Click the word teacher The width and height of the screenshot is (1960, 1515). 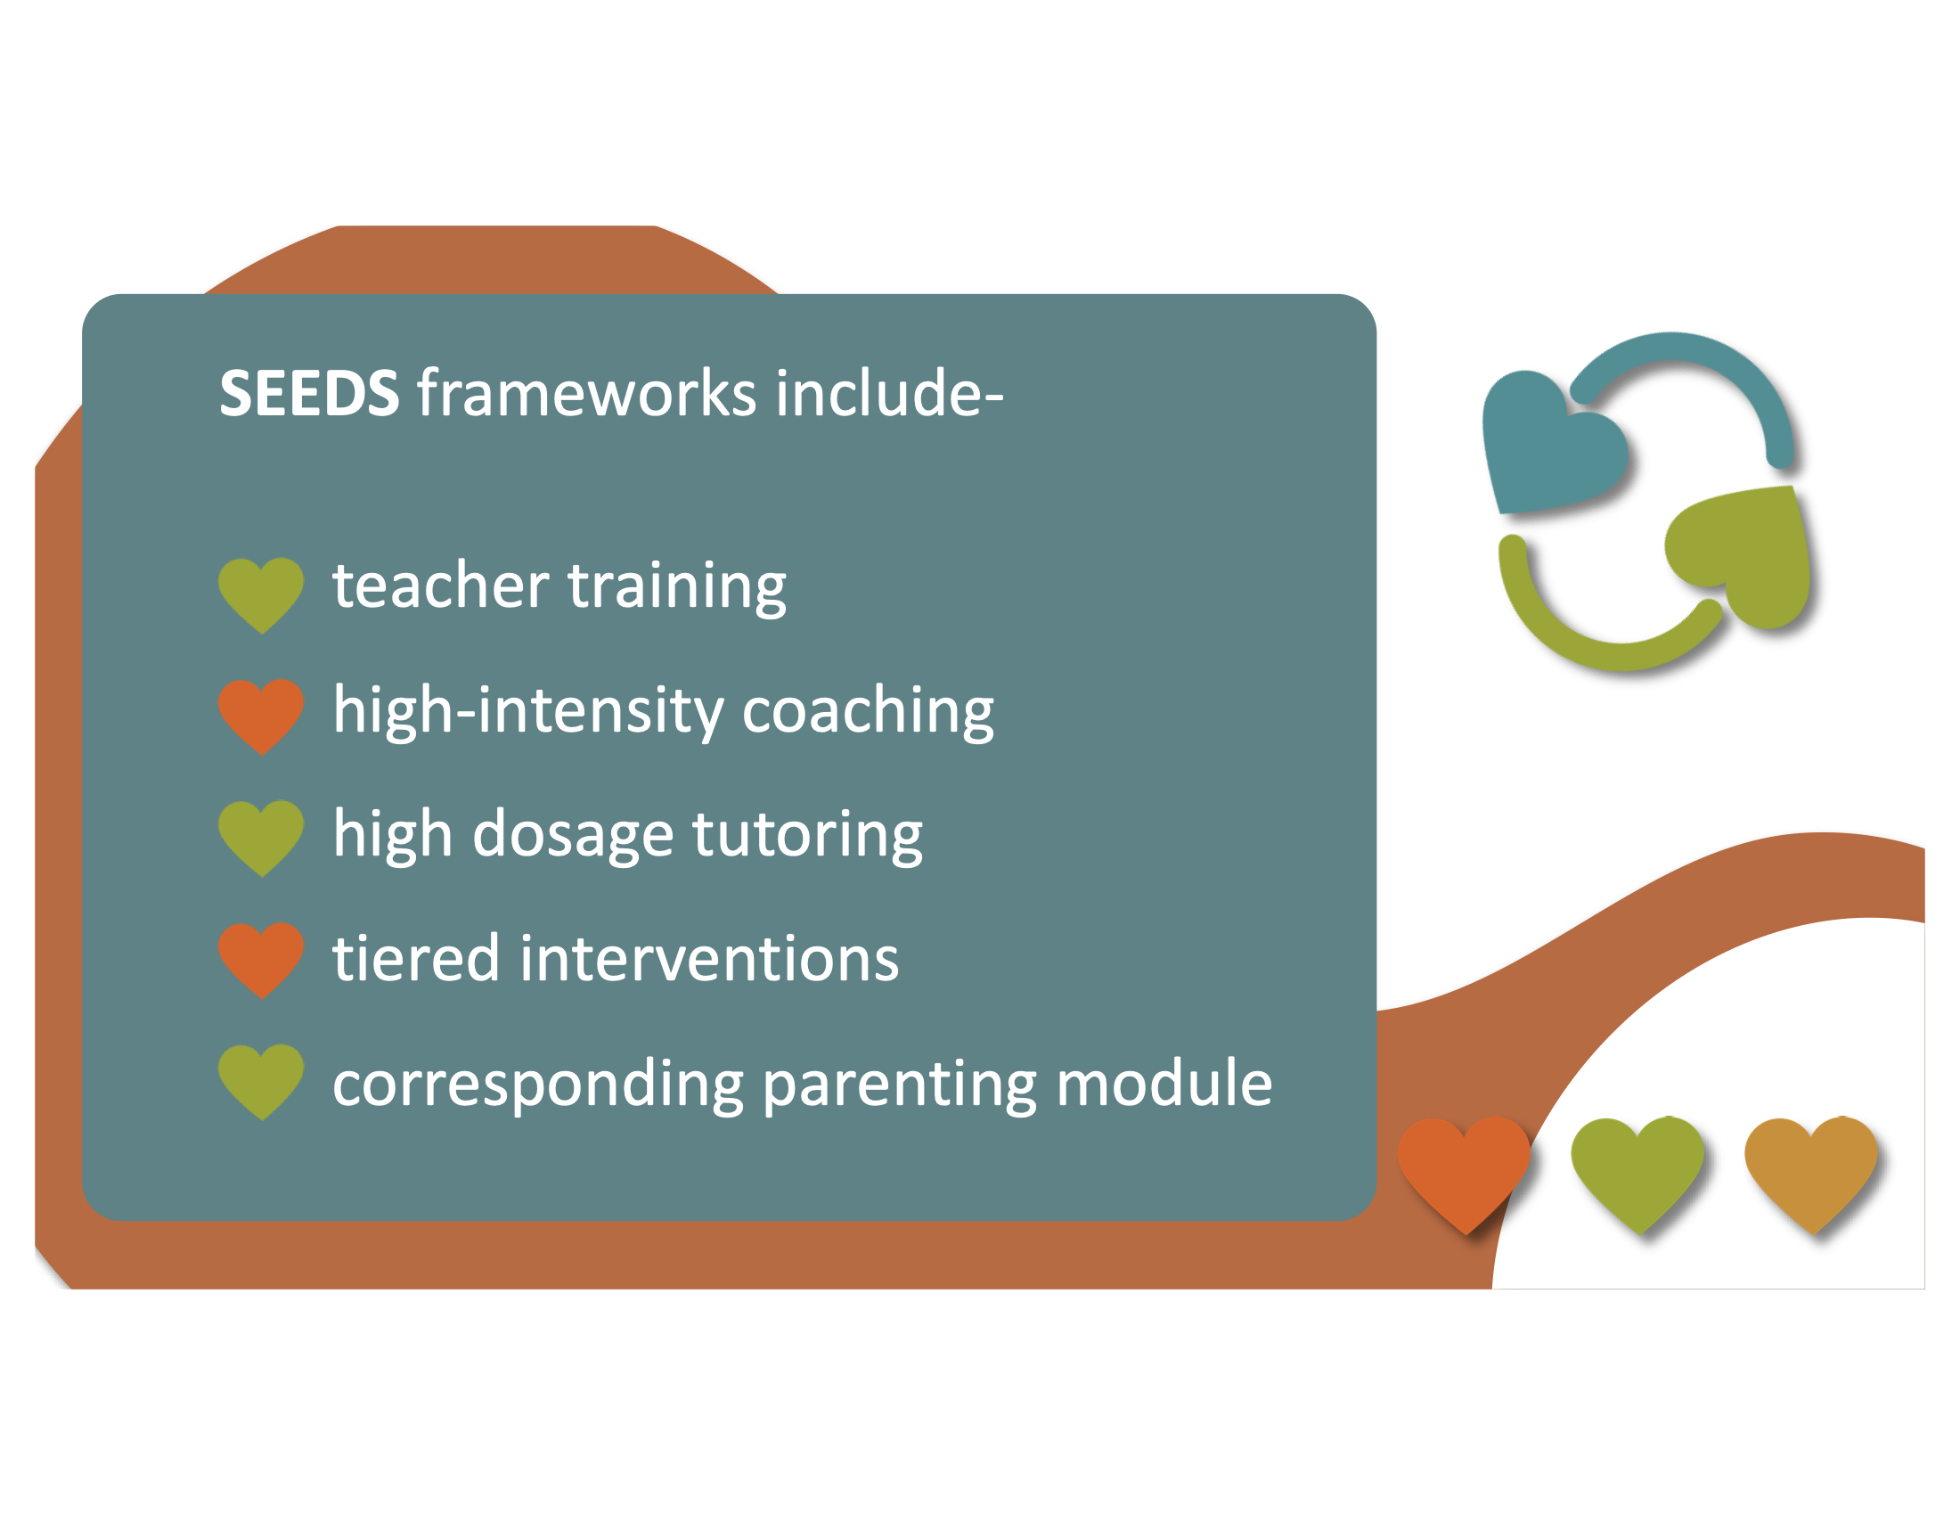click(x=441, y=586)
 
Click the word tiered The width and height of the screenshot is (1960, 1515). click(x=415, y=959)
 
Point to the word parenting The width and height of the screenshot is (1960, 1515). click(x=899, y=1086)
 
